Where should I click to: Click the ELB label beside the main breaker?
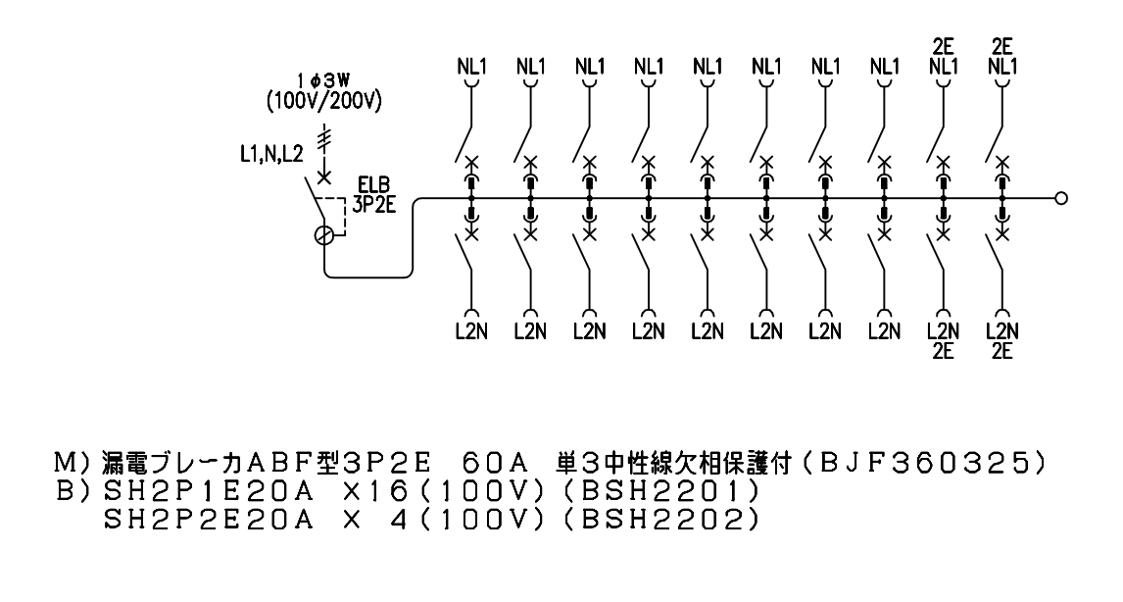point(373,188)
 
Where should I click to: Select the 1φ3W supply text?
point(323,81)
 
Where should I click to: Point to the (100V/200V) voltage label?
point(323,101)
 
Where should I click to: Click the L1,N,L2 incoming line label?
point(271,153)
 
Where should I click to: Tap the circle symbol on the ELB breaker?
point(324,235)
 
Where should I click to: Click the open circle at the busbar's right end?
point(1061,198)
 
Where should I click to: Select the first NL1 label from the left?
point(471,67)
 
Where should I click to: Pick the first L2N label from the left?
point(471,331)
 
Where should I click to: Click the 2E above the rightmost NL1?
point(1001,47)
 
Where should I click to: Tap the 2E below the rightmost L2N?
point(1001,351)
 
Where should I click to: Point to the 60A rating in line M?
point(496,464)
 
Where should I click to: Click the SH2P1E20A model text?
point(209,491)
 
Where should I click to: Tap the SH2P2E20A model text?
point(209,519)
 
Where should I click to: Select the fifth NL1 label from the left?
point(708,67)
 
